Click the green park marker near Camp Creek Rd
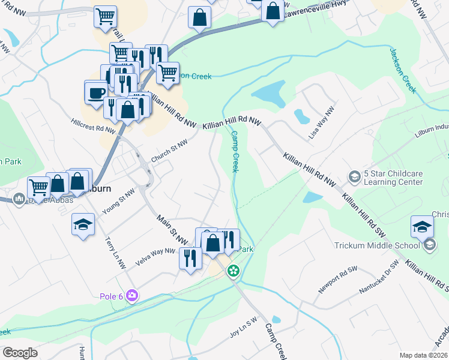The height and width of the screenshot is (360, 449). (x=234, y=271)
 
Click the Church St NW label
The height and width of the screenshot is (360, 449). (x=169, y=151)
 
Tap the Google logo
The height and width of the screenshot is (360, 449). (x=20, y=353)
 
